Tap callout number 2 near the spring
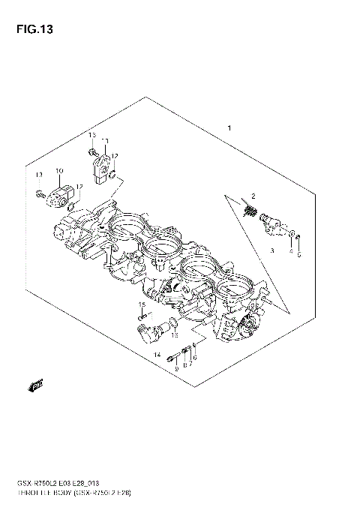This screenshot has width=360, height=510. [254, 196]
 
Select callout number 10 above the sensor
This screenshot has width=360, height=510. [58, 172]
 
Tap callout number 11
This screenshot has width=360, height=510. [106, 140]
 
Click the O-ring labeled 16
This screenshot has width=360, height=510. [172, 324]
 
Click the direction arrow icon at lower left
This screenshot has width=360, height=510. [34, 386]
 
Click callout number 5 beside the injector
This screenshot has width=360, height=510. [298, 254]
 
